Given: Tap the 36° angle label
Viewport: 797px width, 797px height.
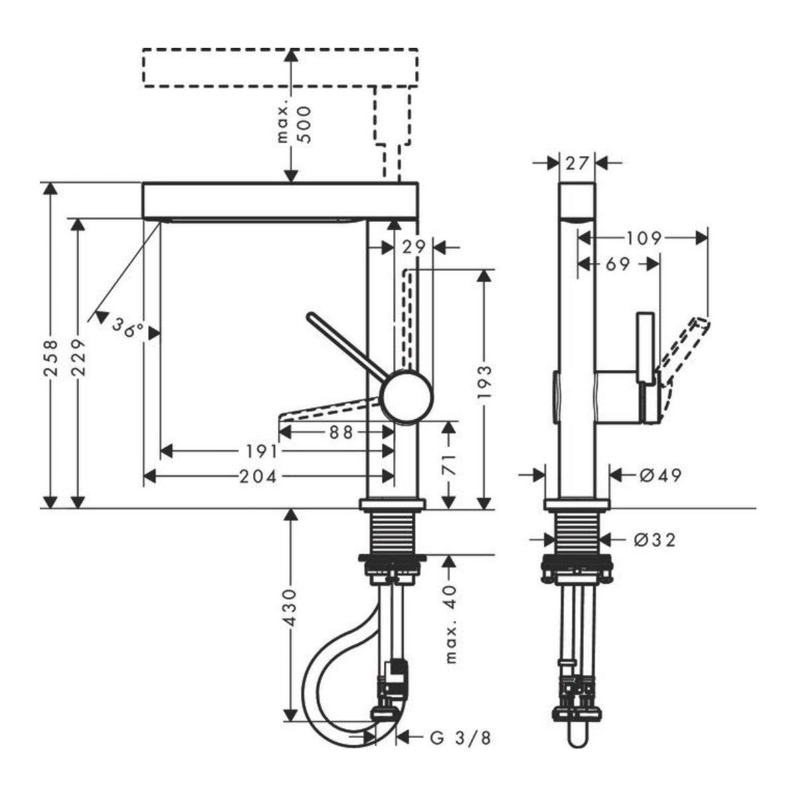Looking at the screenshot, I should pyautogui.click(x=127, y=327).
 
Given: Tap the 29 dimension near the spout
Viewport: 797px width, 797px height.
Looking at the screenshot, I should pyautogui.click(x=413, y=247).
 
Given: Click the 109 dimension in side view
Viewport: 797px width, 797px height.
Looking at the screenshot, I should pyautogui.click(x=644, y=237).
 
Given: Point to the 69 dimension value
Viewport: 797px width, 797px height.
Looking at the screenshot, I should pyautogui.click(x=617, y=264).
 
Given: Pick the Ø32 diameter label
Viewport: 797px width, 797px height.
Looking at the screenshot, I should pyautogui.click(x=654, y=540).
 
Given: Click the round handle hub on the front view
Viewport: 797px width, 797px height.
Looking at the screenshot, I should pyautogui.click(x=407, y=396).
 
